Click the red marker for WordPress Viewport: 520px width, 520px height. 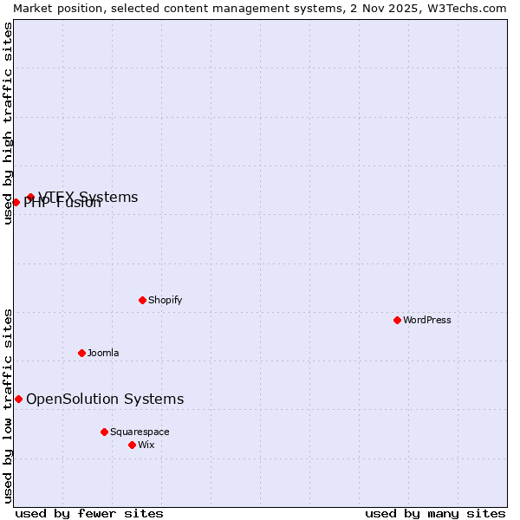397,320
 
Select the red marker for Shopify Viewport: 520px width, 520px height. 142,300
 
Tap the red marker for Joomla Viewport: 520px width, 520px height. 81,353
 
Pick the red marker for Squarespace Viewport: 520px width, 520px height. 104,432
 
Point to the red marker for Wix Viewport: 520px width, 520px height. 132,445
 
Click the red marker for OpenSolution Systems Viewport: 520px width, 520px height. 18,399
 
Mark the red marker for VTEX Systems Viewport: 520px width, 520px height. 30,198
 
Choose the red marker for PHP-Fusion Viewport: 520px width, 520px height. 16,202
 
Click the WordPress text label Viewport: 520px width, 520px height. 427,320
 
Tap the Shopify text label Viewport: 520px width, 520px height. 165,300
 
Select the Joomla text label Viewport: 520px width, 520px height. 103,353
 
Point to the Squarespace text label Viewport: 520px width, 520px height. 140,432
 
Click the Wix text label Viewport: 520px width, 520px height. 146,445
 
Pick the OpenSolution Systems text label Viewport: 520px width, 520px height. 105,399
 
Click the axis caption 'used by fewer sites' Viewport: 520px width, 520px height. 89,513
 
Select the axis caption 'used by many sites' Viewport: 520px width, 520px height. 435,513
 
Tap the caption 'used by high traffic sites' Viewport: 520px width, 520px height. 8,123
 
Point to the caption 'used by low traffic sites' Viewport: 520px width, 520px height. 8,406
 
